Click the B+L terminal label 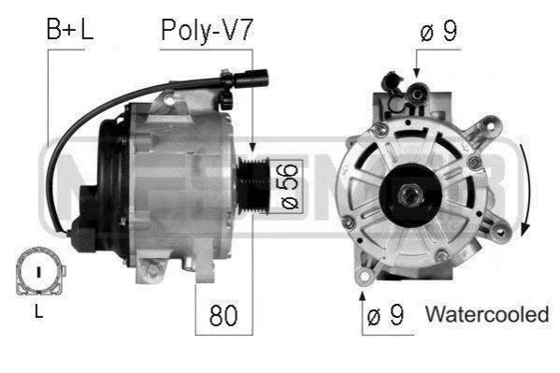coord(70,29)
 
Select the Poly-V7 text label coord(207,31)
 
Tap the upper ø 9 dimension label coord(438,31)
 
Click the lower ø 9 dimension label coord(385,315)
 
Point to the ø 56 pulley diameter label coord(289,186)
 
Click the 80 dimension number coord(223,315)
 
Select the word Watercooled coord(487,314)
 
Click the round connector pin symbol coord(39,271)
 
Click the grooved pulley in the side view coord(252,185)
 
